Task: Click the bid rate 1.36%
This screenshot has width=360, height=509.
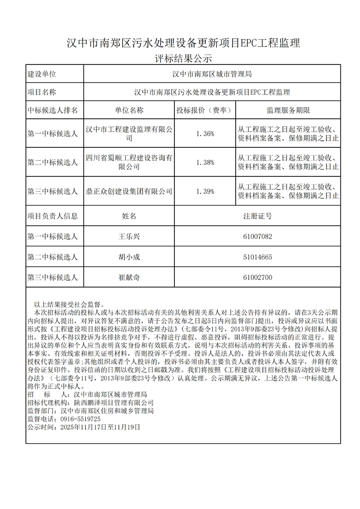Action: (205, 133)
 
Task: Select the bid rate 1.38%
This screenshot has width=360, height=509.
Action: (205, 162)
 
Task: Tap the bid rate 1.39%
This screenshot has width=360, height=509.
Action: (205, 191)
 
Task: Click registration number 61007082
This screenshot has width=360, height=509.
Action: (257, 236)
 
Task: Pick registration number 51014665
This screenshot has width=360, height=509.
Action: (257, 257)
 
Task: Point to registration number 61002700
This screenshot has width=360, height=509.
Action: (257, 278)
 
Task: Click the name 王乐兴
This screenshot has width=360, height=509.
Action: (129, 236)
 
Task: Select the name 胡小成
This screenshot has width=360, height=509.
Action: (129, 257)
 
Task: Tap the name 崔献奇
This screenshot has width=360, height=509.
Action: (129, 278)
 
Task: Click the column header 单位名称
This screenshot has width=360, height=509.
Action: (129, 110)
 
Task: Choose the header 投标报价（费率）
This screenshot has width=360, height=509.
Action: (205, 110)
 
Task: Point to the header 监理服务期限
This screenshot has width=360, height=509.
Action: (288, 110)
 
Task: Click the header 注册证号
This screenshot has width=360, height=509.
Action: (257, 216)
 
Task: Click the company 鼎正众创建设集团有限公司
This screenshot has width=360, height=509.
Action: (129, 191)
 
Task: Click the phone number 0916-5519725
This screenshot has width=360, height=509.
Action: (81, 419)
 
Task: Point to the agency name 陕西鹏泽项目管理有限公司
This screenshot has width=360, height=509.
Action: (113, 402)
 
